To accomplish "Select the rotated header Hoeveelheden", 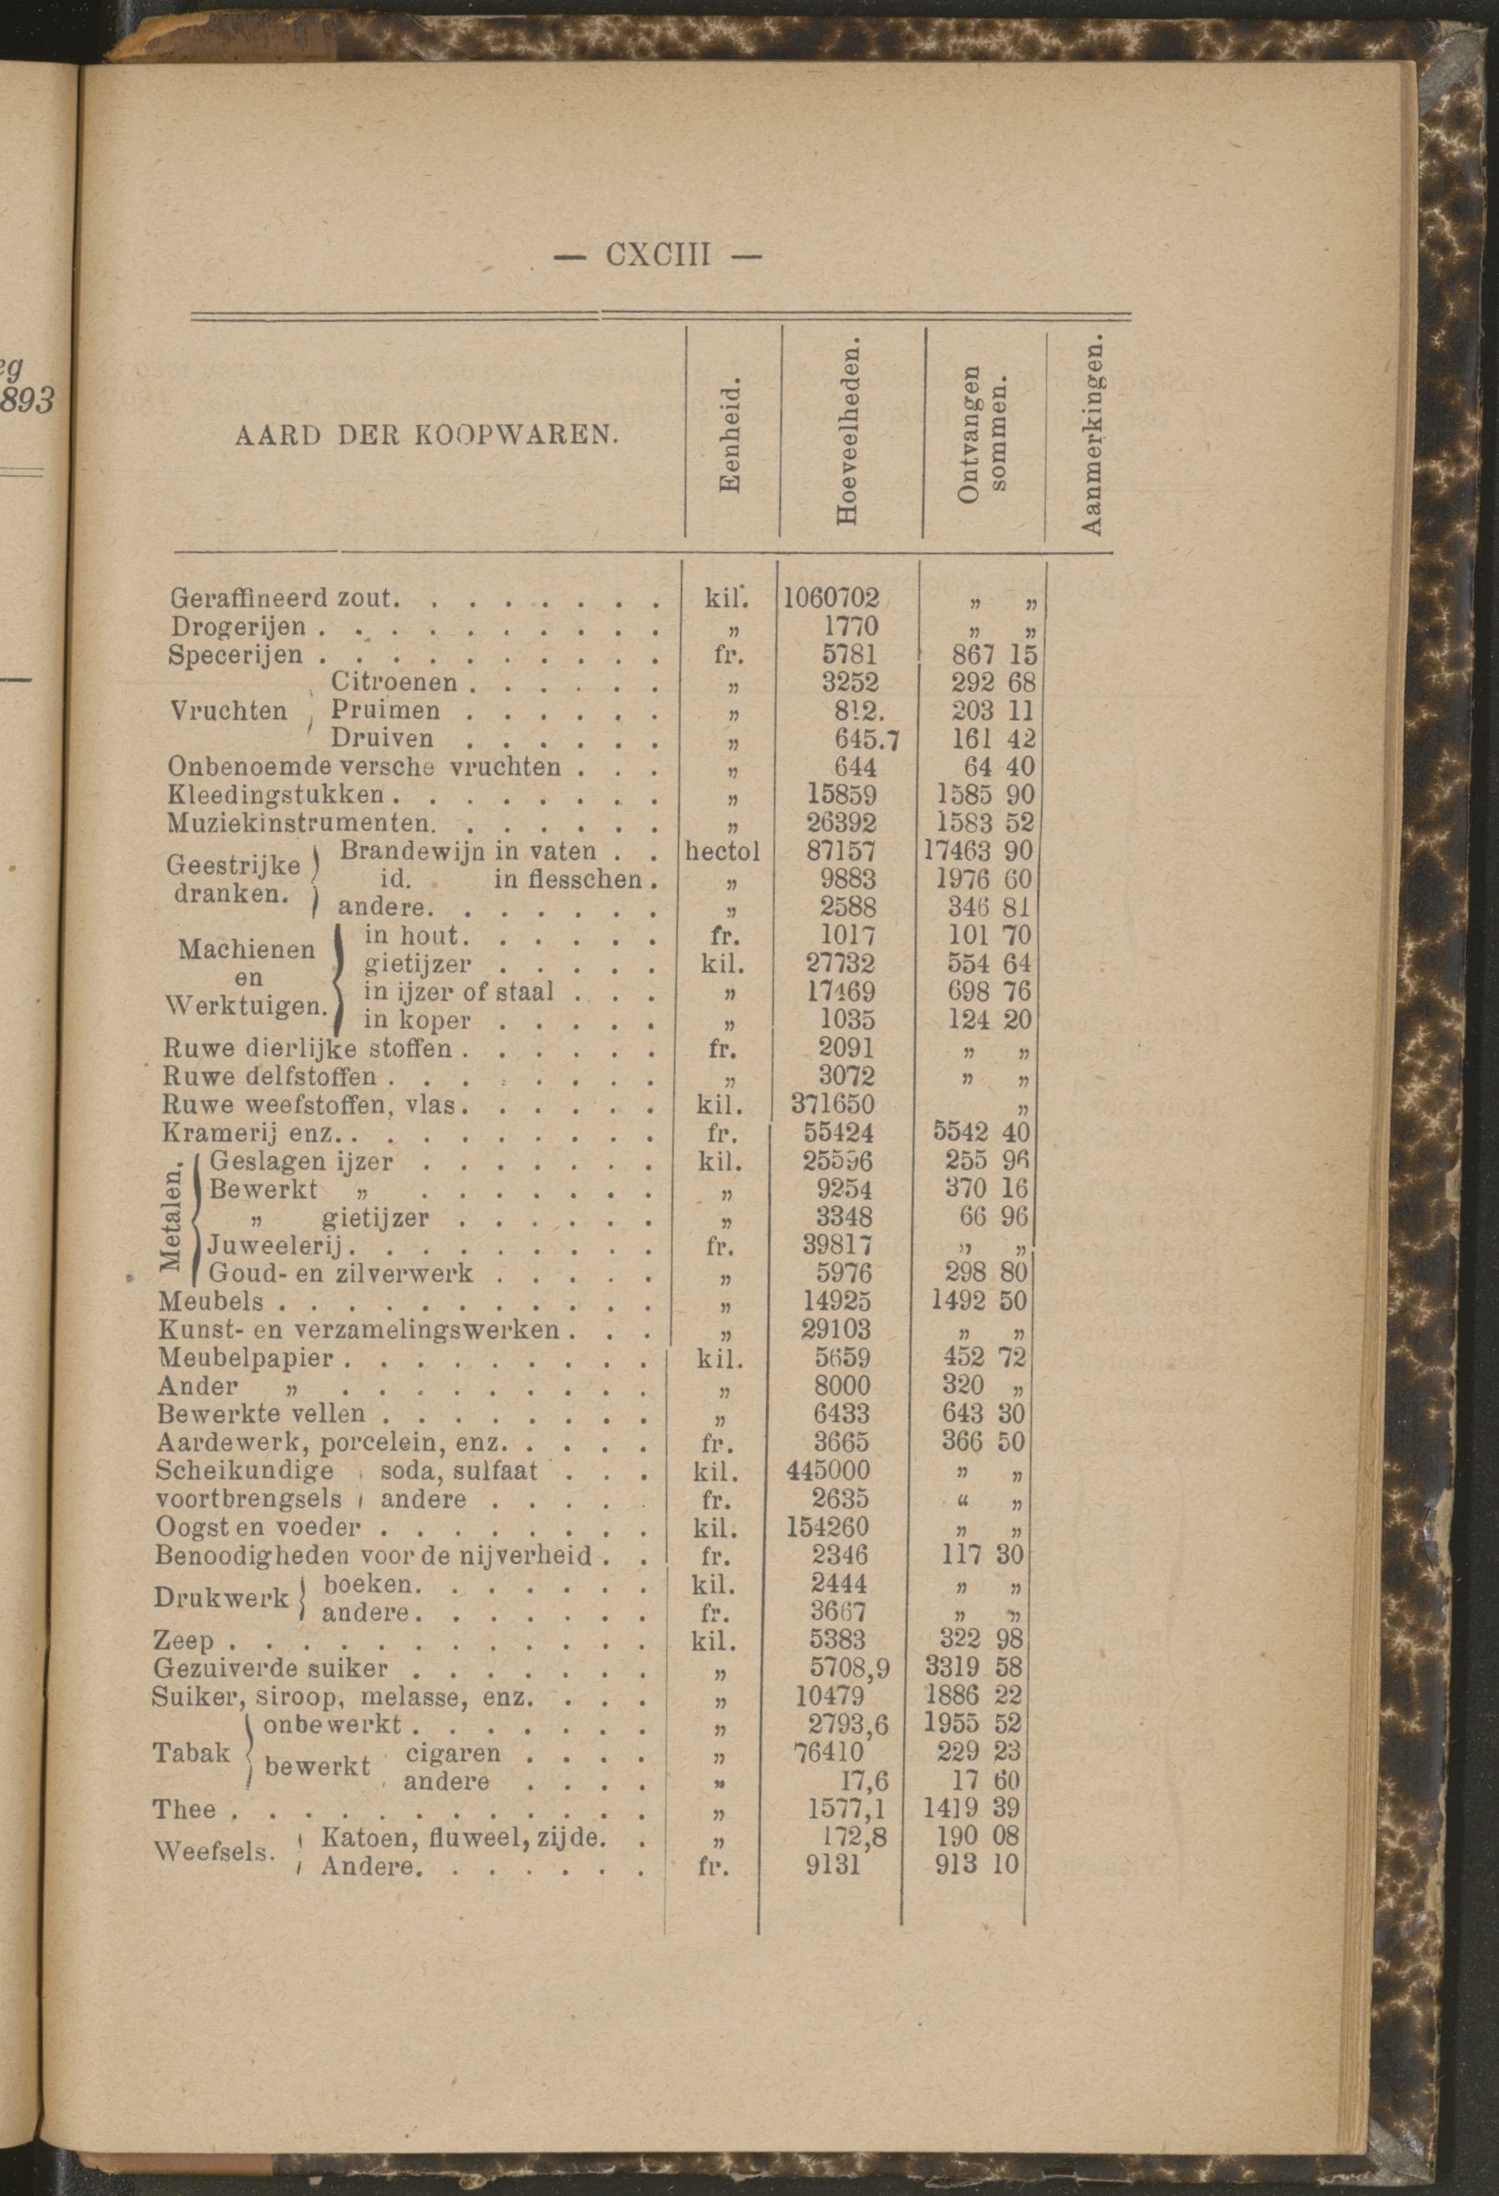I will click(x=847, y=434).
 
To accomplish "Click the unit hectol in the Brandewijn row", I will click(x=722, y=851).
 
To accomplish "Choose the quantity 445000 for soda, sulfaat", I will click(x=828, y=1470).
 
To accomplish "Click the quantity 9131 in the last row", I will click(x=831, y=1866).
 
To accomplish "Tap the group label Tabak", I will click(x=191, y=1753).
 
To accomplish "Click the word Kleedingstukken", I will click(x=277, y=795).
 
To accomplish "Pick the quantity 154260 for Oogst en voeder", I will click(x=828, y=1527).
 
